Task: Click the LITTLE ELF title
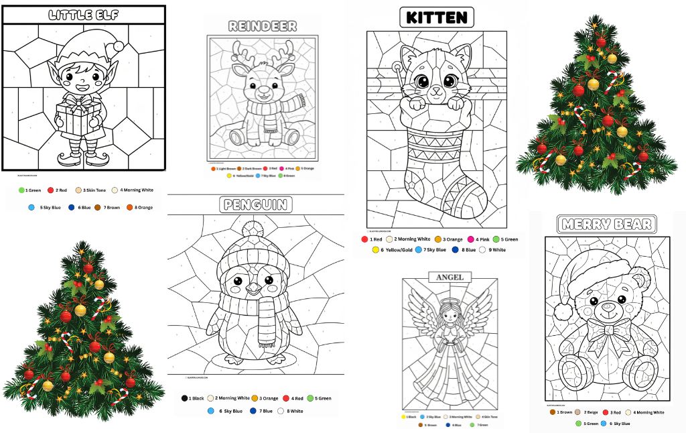coord(84,15)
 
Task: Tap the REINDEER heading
coord(263,26)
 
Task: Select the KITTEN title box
coord(436,17)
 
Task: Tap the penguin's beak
coord(254,288)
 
